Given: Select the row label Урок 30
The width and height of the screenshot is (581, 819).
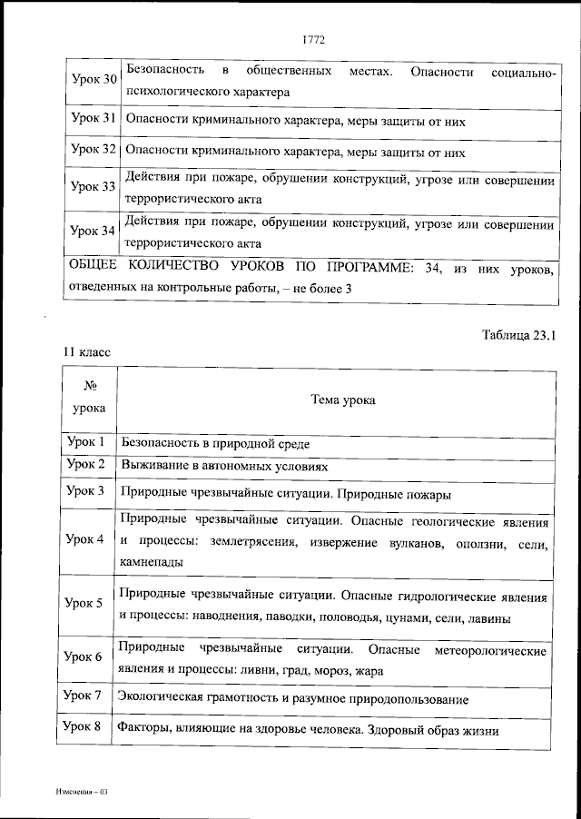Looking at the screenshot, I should (94, 80).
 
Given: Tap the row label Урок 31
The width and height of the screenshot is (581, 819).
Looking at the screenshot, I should (94, 119).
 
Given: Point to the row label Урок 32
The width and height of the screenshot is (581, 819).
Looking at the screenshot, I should (94, 150).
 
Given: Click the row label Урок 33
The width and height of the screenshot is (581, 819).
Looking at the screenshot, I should (94, 187).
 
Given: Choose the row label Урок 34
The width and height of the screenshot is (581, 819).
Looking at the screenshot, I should (94, 231).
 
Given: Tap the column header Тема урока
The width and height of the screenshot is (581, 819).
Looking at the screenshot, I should (342, 399).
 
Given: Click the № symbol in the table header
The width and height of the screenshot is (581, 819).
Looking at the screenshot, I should (89, 385).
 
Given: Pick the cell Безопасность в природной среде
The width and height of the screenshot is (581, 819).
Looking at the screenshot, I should (215, 445).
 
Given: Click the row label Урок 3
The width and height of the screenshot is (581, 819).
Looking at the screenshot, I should (86, 491).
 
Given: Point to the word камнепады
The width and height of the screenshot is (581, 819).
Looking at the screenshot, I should (152, 562).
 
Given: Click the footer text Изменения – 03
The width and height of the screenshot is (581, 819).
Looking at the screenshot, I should (80, 793).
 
